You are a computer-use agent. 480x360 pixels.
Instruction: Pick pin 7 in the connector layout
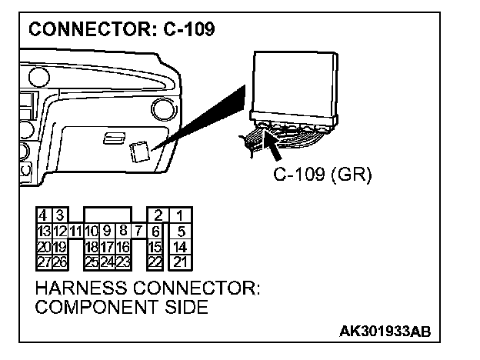click(138, 230)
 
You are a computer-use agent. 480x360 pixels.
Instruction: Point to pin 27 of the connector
click(43, 262)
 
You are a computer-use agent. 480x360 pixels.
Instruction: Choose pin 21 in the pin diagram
click(179, 262)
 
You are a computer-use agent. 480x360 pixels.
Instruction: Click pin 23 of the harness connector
click(122, 262)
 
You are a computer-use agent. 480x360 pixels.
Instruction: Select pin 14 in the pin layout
click(179, 246)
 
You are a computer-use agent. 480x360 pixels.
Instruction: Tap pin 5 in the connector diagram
click(179, 230)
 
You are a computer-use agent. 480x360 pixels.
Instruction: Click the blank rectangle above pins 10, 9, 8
click(107, 214)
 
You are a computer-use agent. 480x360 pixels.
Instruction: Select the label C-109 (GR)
click(322, 175)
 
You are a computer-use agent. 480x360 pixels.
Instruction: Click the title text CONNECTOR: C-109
click(122, 30)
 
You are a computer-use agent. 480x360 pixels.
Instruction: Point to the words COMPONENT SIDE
click(122, 308)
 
